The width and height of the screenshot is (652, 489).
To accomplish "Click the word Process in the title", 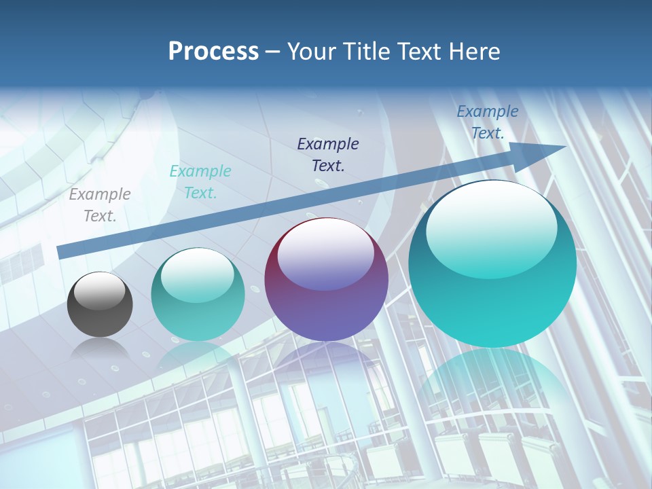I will coord(213,52).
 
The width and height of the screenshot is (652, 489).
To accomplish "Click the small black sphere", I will coord(100,304).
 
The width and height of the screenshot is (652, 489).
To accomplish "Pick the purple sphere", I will coord(326,280).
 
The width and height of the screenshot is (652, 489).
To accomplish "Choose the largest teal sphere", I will coord(492,265).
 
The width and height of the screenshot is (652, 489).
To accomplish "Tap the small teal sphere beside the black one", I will coord(198,294).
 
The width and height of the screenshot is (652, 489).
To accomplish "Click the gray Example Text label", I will coord(100,205).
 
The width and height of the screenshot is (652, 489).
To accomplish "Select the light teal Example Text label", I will coord(200,182).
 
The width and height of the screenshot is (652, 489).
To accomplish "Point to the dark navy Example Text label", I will coord(328,154).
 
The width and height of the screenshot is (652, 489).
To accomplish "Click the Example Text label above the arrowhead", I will coord(488,122).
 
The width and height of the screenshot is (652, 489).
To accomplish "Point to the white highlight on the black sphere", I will coord(100,291).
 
